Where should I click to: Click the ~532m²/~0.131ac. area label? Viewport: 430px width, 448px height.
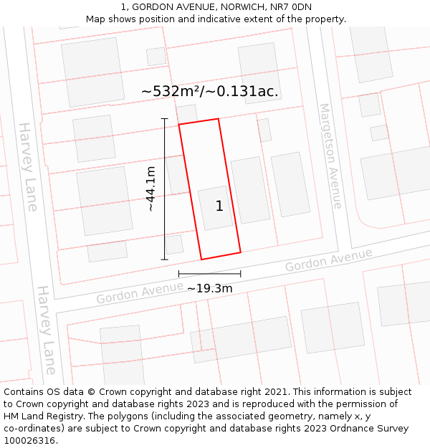pos(210,91)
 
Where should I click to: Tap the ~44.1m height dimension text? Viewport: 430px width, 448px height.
pos(150,189)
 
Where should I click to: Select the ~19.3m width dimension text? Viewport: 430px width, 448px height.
pos(209,288)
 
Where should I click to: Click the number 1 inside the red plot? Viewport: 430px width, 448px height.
pos(219,206)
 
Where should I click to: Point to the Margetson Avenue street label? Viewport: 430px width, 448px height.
pos(330,156)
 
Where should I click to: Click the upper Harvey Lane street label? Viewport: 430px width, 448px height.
pos(28,166)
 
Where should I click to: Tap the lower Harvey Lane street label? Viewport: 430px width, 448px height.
pos(47,330)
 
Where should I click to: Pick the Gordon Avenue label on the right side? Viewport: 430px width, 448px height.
pos(329,260)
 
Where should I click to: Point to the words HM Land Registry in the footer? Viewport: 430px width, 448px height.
pos(44,416)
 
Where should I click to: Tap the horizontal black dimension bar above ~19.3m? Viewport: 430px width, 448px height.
pos(209,273)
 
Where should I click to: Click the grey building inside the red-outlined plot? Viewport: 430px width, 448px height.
pos(215,208)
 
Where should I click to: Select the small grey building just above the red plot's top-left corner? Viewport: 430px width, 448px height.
pos(187,114)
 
